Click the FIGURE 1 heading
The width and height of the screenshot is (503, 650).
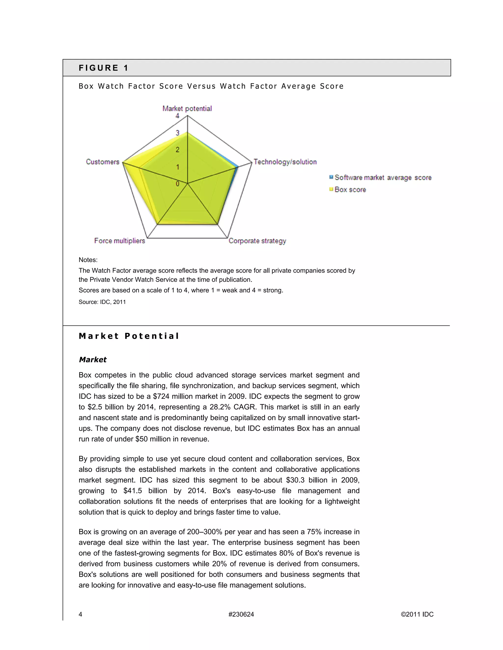pos(103,68)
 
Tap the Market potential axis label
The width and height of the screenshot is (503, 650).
pos(187,109)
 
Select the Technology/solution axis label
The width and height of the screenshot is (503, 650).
pos(285,162)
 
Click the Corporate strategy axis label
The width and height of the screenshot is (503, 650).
pos(257,241)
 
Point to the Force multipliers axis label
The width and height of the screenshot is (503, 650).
pos(120,241)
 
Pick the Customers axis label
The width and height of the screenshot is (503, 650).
pos(102,162)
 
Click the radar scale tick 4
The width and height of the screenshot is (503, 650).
pos(177,116)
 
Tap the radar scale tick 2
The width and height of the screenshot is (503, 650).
pos(177,150)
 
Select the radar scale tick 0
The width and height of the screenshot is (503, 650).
pos(177,184)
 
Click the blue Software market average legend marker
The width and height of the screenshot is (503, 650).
pos(331,177)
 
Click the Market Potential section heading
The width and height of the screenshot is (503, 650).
pos(129,336)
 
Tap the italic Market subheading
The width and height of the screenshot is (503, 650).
pos(93,360)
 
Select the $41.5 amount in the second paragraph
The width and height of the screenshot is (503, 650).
pos(133,491)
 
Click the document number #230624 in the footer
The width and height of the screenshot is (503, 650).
pos(241,614)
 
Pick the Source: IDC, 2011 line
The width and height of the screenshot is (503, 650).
pos(102,302)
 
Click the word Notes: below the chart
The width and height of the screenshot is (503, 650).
pos(88,260)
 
